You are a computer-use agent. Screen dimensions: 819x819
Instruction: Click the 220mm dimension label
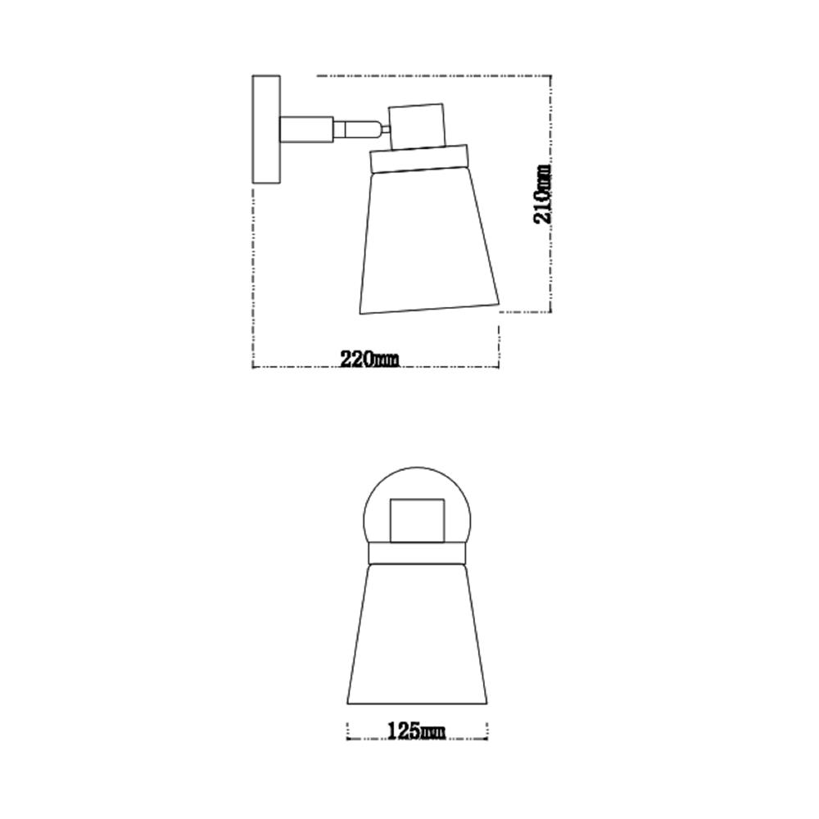(x=369, y=359)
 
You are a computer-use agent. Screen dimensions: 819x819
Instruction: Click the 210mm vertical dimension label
(x=541, y=194)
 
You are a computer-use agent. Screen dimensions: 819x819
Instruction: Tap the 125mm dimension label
(x=417, y=731)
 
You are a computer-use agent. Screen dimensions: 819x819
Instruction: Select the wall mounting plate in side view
(x=266, y=129)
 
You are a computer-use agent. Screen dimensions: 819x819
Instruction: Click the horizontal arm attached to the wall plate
(x=306, y=129)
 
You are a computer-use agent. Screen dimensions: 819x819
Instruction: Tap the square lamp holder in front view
(x=417, y=521)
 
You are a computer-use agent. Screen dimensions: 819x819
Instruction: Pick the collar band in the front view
(x=417, y=557)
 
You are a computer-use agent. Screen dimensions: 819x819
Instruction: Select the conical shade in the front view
(x=417, y=639)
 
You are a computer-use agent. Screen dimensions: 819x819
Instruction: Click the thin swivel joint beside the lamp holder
(x=383, y=128)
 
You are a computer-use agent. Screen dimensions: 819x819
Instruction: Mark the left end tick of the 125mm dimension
(x=348, y=731)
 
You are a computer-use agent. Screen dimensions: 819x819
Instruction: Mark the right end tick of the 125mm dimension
(x=487, y=731)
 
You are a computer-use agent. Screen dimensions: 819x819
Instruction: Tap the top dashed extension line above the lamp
(x=434, y=76)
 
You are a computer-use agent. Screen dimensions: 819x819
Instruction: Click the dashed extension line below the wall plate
(x=252, y=270)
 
